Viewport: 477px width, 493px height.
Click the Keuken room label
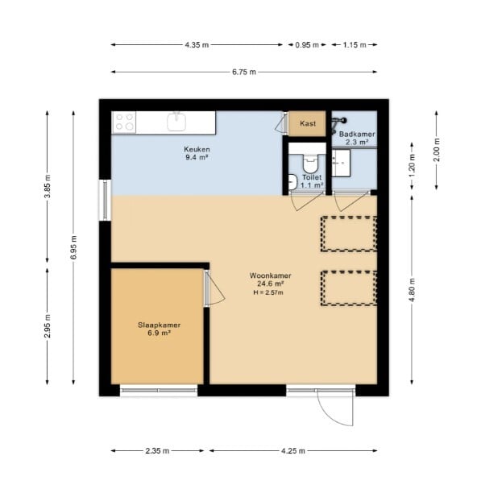(197, 149)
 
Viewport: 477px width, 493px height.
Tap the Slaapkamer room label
(159, 325)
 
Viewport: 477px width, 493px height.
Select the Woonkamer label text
(271, 275)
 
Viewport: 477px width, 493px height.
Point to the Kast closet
(307, 123)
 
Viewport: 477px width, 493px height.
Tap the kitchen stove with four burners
(124, 122)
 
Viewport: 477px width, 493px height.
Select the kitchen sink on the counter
(176, 121)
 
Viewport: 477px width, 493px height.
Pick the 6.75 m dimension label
(244, 72)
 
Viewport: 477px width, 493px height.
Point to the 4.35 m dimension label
(197, 45)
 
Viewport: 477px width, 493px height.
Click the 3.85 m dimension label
(48, 186)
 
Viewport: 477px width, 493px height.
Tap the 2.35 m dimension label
(157, 451)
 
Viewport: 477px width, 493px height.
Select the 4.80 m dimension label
(413, 290)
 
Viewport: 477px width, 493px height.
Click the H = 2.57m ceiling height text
(268, 292)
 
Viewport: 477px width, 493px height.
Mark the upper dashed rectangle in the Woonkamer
(349, 234)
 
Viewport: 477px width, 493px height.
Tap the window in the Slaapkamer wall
(159, 390)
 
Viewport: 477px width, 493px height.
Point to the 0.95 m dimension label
(307, 45)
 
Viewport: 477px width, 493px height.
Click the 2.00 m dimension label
(437, 150)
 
